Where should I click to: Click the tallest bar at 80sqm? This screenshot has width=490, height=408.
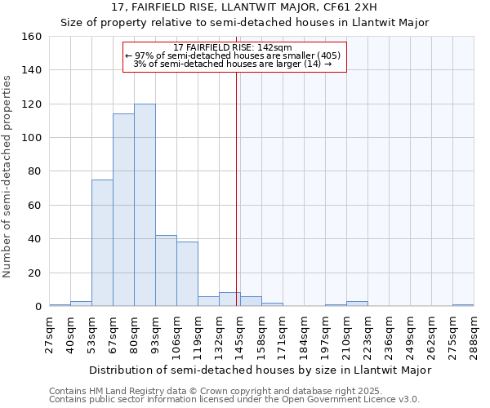(145, 205)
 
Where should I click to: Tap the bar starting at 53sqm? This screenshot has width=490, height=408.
(102, 243)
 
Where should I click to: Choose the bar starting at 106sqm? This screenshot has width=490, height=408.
(187, 274)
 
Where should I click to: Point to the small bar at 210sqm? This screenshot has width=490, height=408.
(357, 304)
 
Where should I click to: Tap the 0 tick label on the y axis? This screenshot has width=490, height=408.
(38, 307)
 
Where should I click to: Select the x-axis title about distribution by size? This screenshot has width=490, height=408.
(260, 370)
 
